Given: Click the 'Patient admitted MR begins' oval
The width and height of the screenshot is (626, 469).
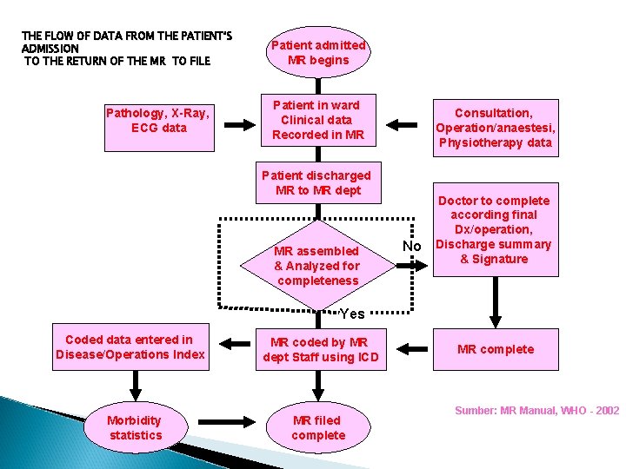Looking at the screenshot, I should point(318,52).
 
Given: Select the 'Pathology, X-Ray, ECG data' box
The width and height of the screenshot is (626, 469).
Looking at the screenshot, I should point(157,121).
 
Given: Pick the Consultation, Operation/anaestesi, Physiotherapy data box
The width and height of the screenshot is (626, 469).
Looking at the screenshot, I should point(496,128).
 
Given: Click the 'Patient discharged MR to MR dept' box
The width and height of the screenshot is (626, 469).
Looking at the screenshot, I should point(316,182).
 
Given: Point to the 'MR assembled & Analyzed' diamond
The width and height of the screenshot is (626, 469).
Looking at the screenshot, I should point(316,266).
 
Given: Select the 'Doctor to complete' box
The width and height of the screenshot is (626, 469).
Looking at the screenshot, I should point(494,229).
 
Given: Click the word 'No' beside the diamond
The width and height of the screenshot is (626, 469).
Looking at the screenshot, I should point(412,246).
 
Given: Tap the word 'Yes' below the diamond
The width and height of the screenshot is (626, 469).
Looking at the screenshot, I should point(352,314).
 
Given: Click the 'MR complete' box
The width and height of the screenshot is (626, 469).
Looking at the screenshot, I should point(496,349).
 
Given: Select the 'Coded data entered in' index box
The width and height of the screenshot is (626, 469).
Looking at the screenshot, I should point(130,347).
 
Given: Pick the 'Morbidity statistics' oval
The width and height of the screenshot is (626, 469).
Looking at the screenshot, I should point(135,427).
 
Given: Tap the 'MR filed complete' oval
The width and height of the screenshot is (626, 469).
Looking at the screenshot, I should point(317,427).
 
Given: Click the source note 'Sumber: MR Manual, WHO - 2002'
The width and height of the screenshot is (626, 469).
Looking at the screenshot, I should point(536,410).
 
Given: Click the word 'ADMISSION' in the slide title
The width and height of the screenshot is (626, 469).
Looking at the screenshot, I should point(50,49).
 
